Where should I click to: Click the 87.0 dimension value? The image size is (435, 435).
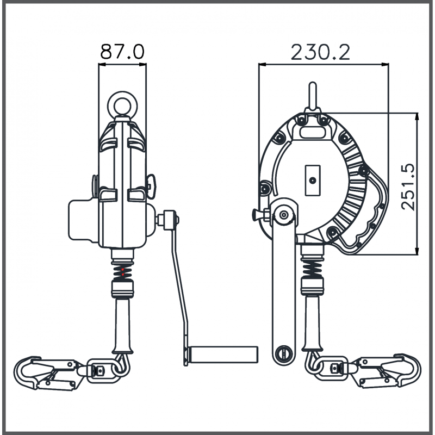pyautogui.click(x=122, y=52)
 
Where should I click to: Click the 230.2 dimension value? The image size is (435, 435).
pyautogui.click(x=321, y=52)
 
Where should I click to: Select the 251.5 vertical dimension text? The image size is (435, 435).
pyautogui.click(x=409, y=184)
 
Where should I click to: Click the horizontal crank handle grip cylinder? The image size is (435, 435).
pyautogui.click(x=222, y=353)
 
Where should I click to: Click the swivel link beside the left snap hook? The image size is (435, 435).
pyautogui.click(x=101, y=371)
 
